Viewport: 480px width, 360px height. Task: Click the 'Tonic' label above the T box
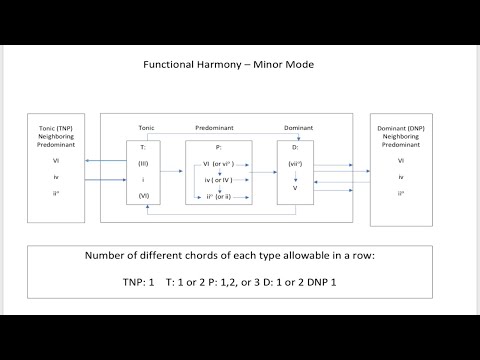[x=145, y=129]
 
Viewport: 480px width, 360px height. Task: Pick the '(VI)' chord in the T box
[x=144, y=199]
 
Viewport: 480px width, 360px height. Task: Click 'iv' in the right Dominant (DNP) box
[x=401, y=176]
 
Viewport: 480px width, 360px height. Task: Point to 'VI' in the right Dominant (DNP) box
[x=401, y=160]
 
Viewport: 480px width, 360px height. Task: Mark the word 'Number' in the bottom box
[x=109, y=254]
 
